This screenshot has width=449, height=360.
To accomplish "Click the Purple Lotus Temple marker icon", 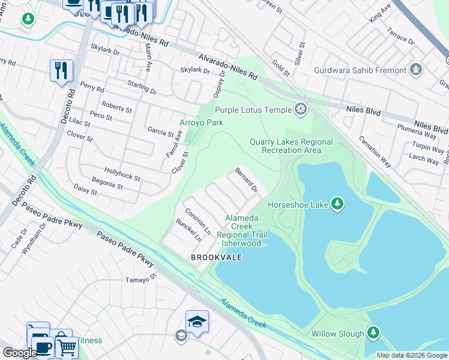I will coord(300,110).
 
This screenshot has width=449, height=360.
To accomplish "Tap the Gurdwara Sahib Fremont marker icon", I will coord(415,70).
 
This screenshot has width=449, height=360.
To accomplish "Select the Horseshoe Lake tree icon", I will coord(337,205).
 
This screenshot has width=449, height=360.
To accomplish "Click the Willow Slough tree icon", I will coord(373,333).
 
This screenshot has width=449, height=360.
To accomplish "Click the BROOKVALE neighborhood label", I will coord(216,257).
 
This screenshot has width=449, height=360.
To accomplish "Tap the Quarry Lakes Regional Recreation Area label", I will coord(291,146).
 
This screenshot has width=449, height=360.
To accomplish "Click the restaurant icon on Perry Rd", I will coord(61,71).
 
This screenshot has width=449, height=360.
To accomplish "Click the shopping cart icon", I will coord(67,346).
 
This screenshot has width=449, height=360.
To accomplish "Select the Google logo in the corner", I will coord(20,353).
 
